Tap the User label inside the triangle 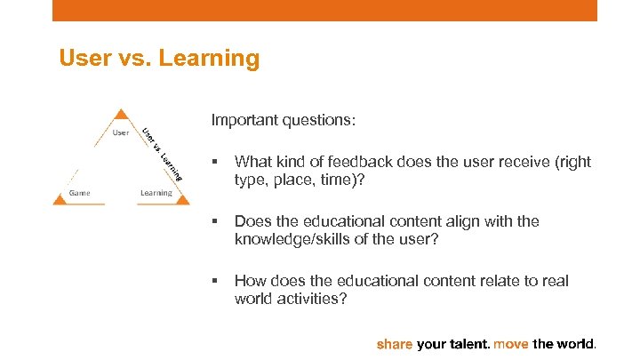[121, 133]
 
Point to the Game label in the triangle [80, 192]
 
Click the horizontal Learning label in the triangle [156, 192]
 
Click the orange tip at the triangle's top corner [122, 114]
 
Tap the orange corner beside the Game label [59, 200]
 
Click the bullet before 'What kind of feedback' [214, 163]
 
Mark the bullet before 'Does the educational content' [214, 222]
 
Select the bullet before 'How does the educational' [214, 282]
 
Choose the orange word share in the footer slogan [396, 342]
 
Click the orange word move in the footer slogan [511, 342]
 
